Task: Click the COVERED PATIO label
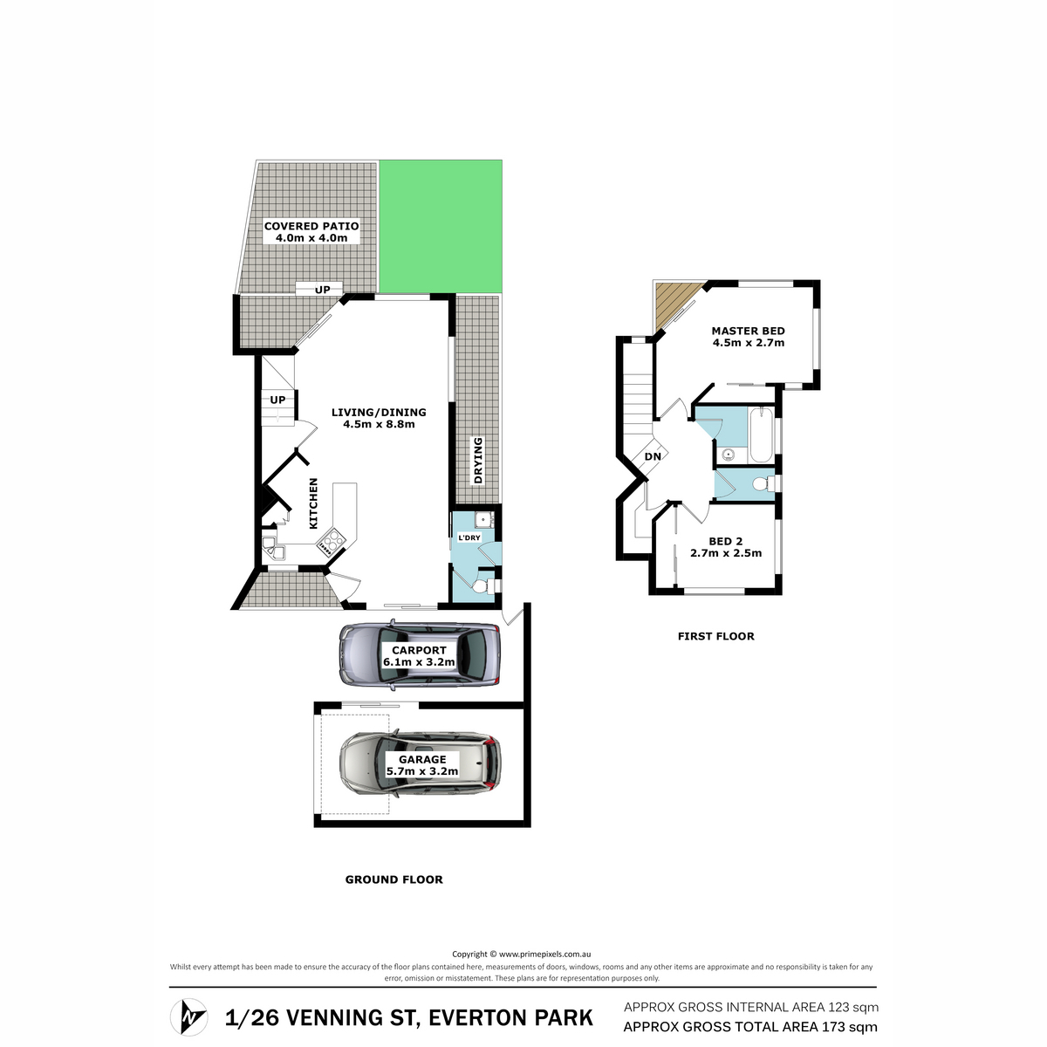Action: click(x=311, y=226)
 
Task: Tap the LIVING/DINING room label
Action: click(x=379, y=413)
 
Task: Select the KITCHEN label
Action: click(x=313, y=503)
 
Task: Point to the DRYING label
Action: click(x=477, y=460)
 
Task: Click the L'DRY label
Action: click(x=469, y=537)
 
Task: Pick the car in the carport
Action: click(x=420, y=655)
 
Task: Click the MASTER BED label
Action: click(x=748, y=331)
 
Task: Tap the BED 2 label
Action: click(x=726, y=541)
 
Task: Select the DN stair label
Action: click(x=653, y=456)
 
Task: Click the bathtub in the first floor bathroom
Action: click(x=761, y=435)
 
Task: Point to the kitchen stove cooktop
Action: click(x=331, y=542)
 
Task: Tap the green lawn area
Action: click(x=440, y=227)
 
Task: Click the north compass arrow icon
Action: click(x=188, y=1016)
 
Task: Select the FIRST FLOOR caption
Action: click(x=716, y=636)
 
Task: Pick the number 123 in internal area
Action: click(x=838, y=1007)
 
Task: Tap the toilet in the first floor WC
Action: click(x=764, y=483)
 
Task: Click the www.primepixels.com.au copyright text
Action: click(x=544, y=954)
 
